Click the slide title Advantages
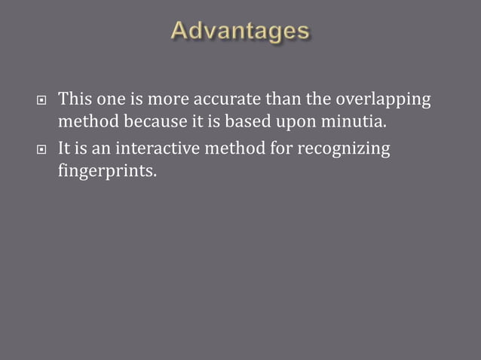point(240,31)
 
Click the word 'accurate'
point(230,99)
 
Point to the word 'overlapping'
point(382,99)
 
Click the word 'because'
point(140,121)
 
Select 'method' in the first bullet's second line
point(84,121)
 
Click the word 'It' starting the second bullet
point(64,148)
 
